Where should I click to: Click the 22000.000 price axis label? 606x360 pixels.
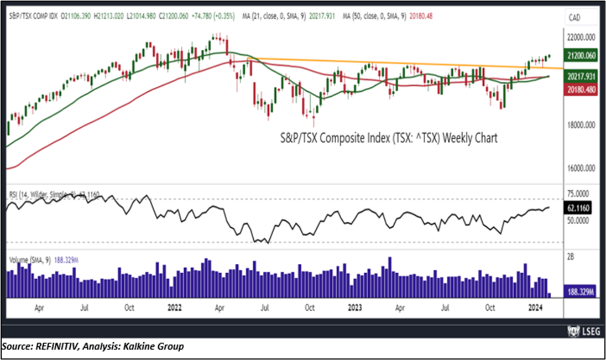click(x=582, y=38)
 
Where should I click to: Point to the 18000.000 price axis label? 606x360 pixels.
click(x=582, y=126)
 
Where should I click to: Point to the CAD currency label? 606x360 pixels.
click(x=575, y=18)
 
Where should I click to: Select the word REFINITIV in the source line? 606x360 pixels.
click(x=52, y=347)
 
